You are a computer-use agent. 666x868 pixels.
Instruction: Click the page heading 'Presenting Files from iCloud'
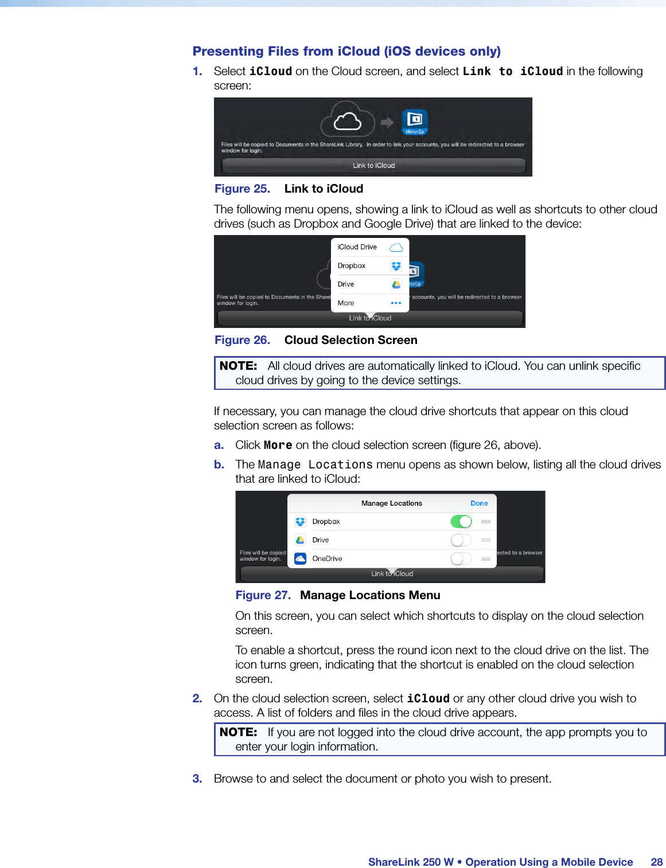pos(346,52)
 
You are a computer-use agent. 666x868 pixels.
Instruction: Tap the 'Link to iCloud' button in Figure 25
pos(373,166)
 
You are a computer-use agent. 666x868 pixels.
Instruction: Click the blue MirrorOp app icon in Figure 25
pos(414,121)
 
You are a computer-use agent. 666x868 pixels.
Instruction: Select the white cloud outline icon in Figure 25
pos(348,121)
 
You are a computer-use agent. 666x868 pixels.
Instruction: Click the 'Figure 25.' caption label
pos(242,189)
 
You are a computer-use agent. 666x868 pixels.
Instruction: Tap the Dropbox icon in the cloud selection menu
pos(396,266)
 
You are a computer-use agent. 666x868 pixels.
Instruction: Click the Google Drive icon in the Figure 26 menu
pos(396,284)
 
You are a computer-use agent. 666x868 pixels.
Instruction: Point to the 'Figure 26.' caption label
pos(242,341)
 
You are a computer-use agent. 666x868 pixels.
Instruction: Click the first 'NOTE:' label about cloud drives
pos(238,366)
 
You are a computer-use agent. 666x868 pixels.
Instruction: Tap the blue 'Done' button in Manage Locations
pos(479,503)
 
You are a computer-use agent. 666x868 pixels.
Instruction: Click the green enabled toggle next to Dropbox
pos(461,522)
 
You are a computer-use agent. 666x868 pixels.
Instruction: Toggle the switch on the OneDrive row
pos(461,558)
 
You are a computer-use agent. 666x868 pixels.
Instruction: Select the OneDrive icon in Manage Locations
pos(300,558)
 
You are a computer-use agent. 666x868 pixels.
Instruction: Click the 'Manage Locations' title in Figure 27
pos(391,503)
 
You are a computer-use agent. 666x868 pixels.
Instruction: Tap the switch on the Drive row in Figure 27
pos(461,540)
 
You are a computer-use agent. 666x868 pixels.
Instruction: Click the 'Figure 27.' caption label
pos(263,596)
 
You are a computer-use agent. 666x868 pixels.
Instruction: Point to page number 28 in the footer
pos(656,862)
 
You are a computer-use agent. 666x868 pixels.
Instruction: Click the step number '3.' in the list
pos(197,779)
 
